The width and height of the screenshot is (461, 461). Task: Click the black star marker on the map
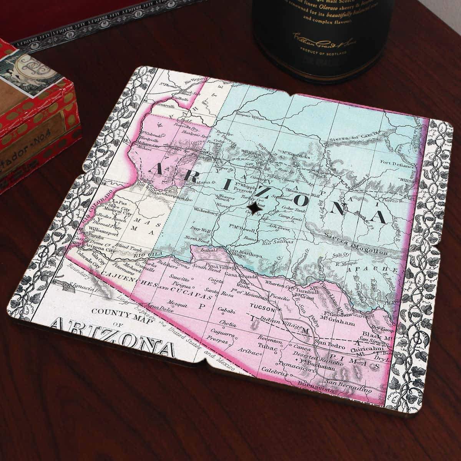pyautogui.click(x=254, y=208)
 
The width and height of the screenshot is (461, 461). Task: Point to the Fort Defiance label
pyautogui.click(x=397, y=164)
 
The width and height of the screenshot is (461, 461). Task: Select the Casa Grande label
pyautogui.click(x=241, y=276)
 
